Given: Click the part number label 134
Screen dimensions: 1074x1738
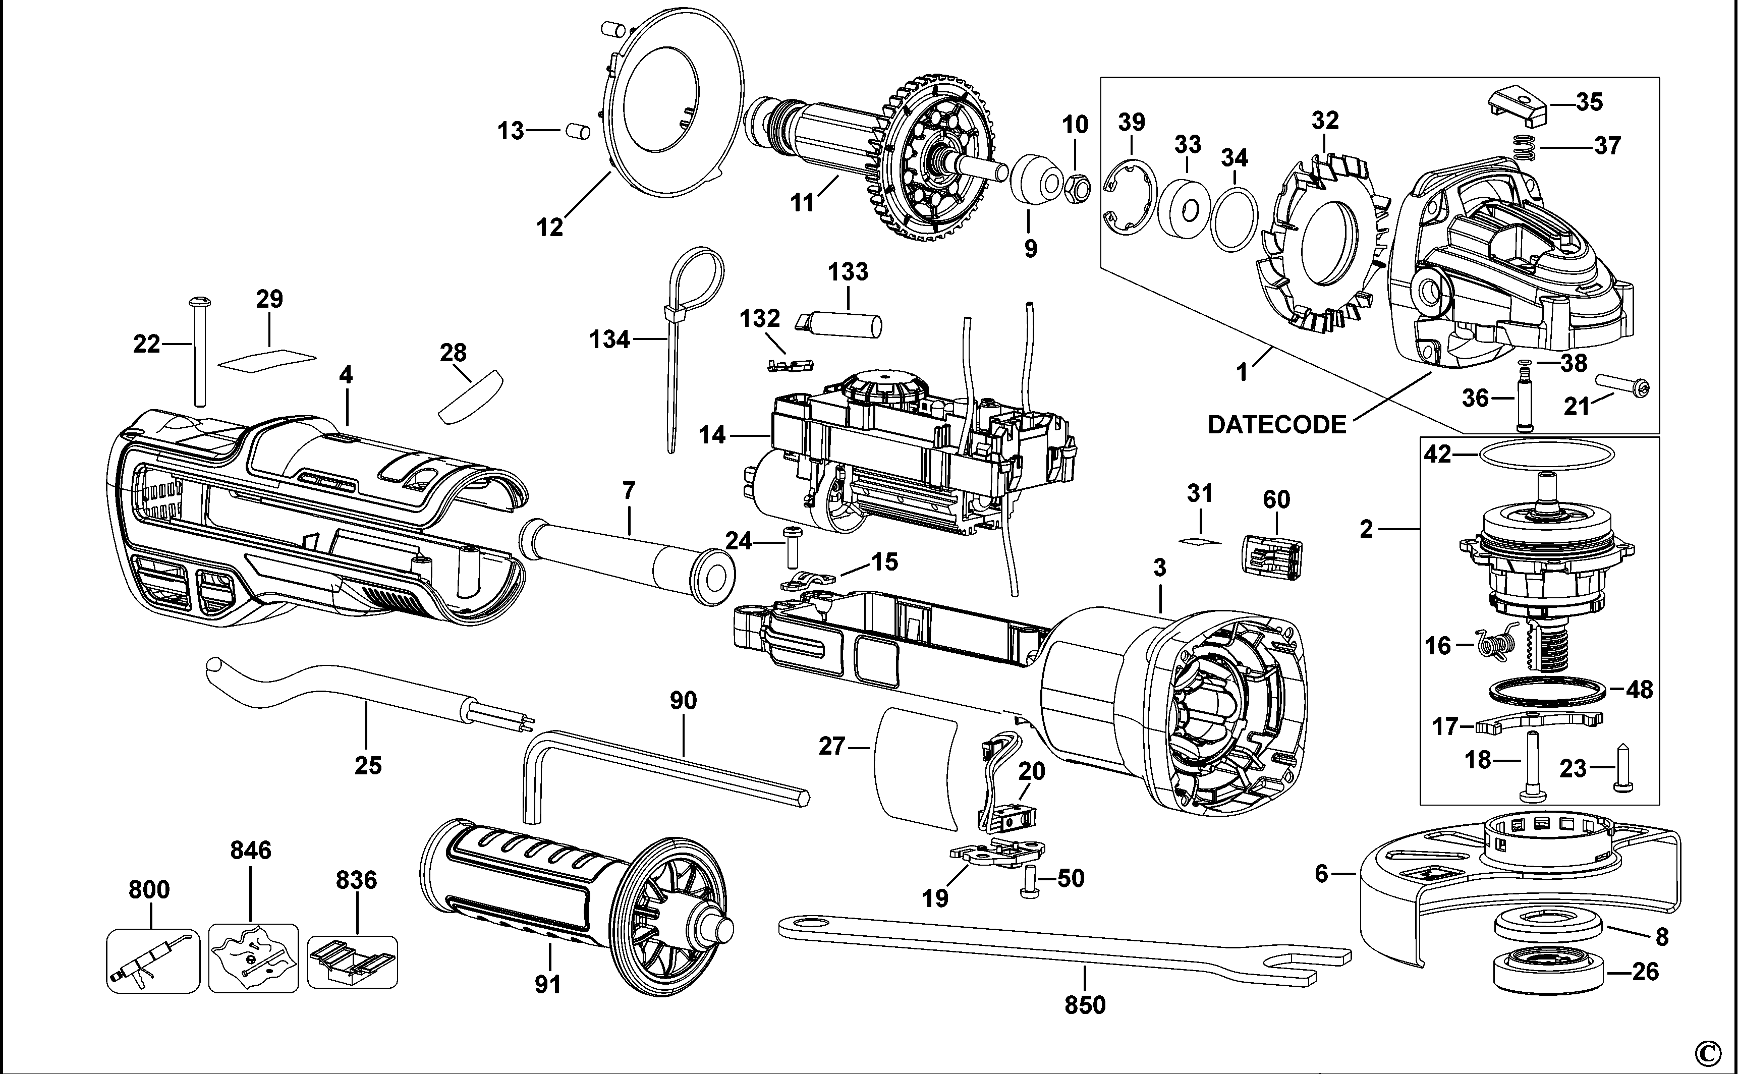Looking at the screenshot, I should tap(609, 340).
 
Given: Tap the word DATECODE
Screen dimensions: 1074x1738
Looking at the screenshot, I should tap(1276, 425).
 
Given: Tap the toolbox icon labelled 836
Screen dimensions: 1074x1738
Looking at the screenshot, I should tap(352, 962).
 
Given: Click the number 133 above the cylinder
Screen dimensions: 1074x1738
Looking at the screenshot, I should tap(848, 271).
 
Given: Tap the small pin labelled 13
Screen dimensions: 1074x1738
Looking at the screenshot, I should tap(578, 131).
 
